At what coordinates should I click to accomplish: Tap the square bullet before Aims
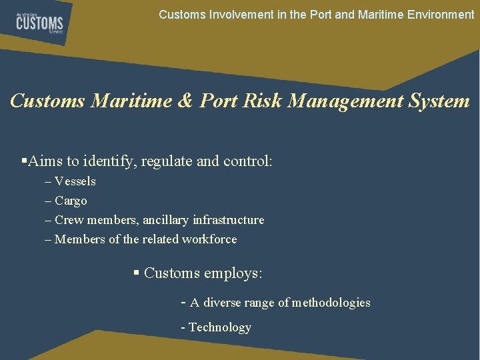coord(24,161)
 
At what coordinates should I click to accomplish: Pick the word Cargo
coord(71,201)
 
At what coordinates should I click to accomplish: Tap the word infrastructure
coord(228,220)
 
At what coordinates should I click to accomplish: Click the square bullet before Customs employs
coord(136,272)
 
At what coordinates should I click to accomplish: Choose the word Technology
coord(220,327)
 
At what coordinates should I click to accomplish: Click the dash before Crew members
coord(47,220)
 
